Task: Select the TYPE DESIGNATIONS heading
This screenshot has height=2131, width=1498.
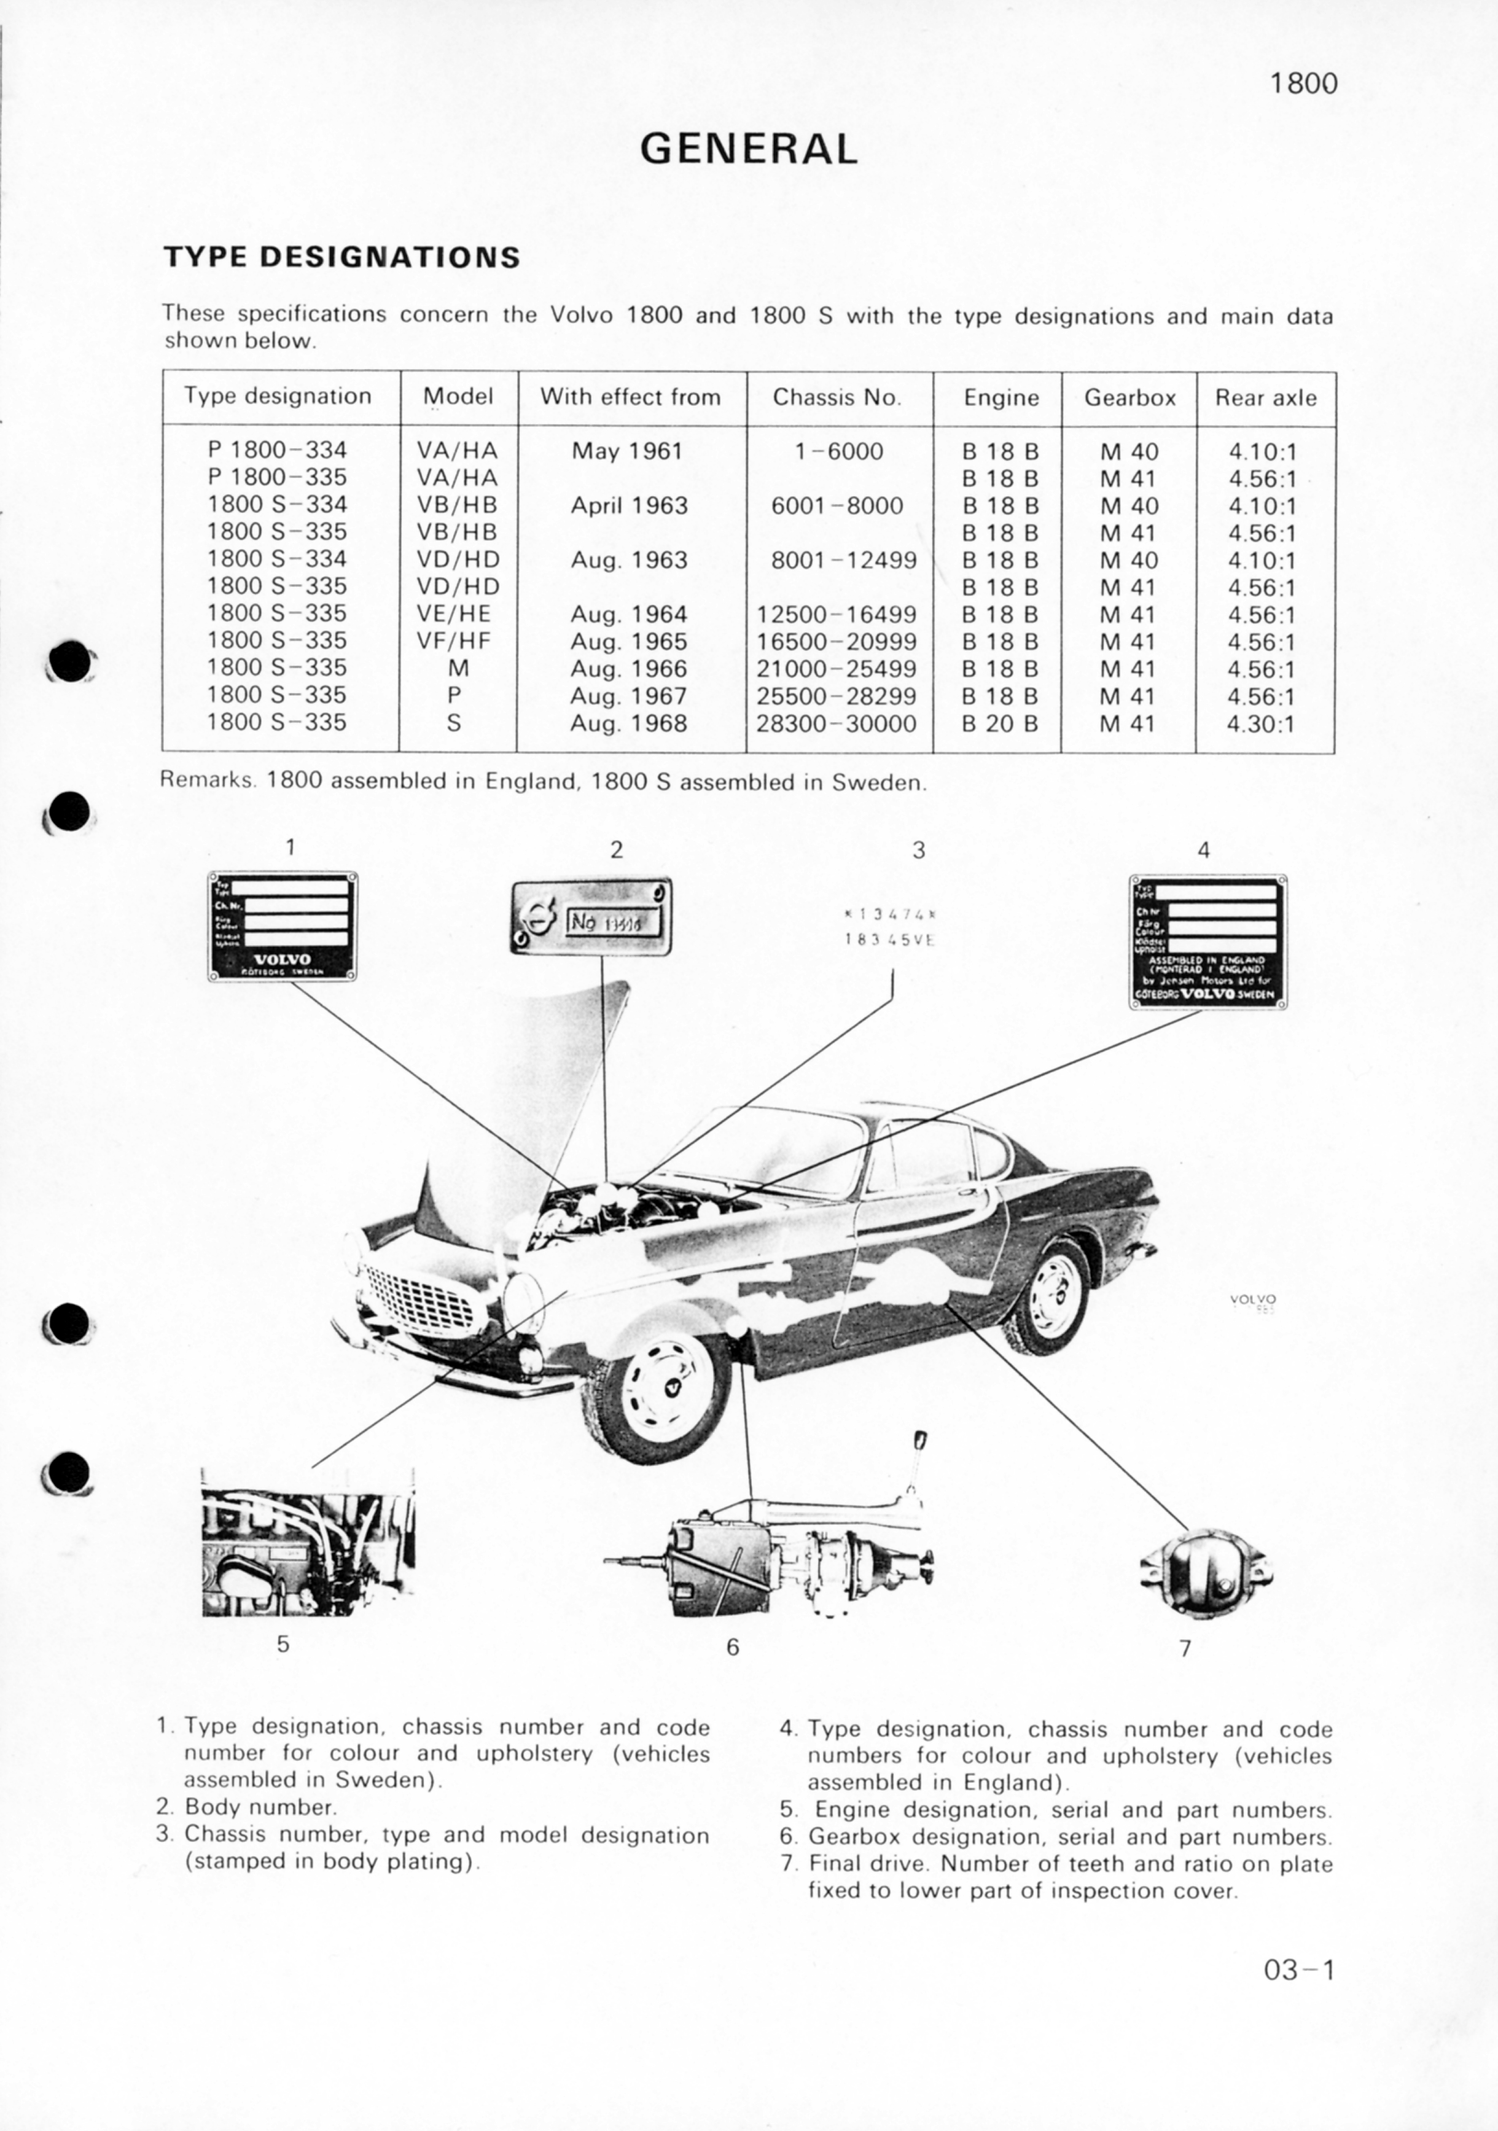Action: coord(341,257)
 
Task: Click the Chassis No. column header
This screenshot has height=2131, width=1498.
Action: coord(837,397)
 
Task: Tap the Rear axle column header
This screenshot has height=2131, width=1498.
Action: coord(1265,397)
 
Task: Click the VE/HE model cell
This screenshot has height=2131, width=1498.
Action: coord(454,614)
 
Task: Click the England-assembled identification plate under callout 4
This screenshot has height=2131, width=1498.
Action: coord(1207,941)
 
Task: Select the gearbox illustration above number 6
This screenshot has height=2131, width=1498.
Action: coord(770,1567)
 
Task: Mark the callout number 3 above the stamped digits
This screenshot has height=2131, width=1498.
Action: coord(918,849)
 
